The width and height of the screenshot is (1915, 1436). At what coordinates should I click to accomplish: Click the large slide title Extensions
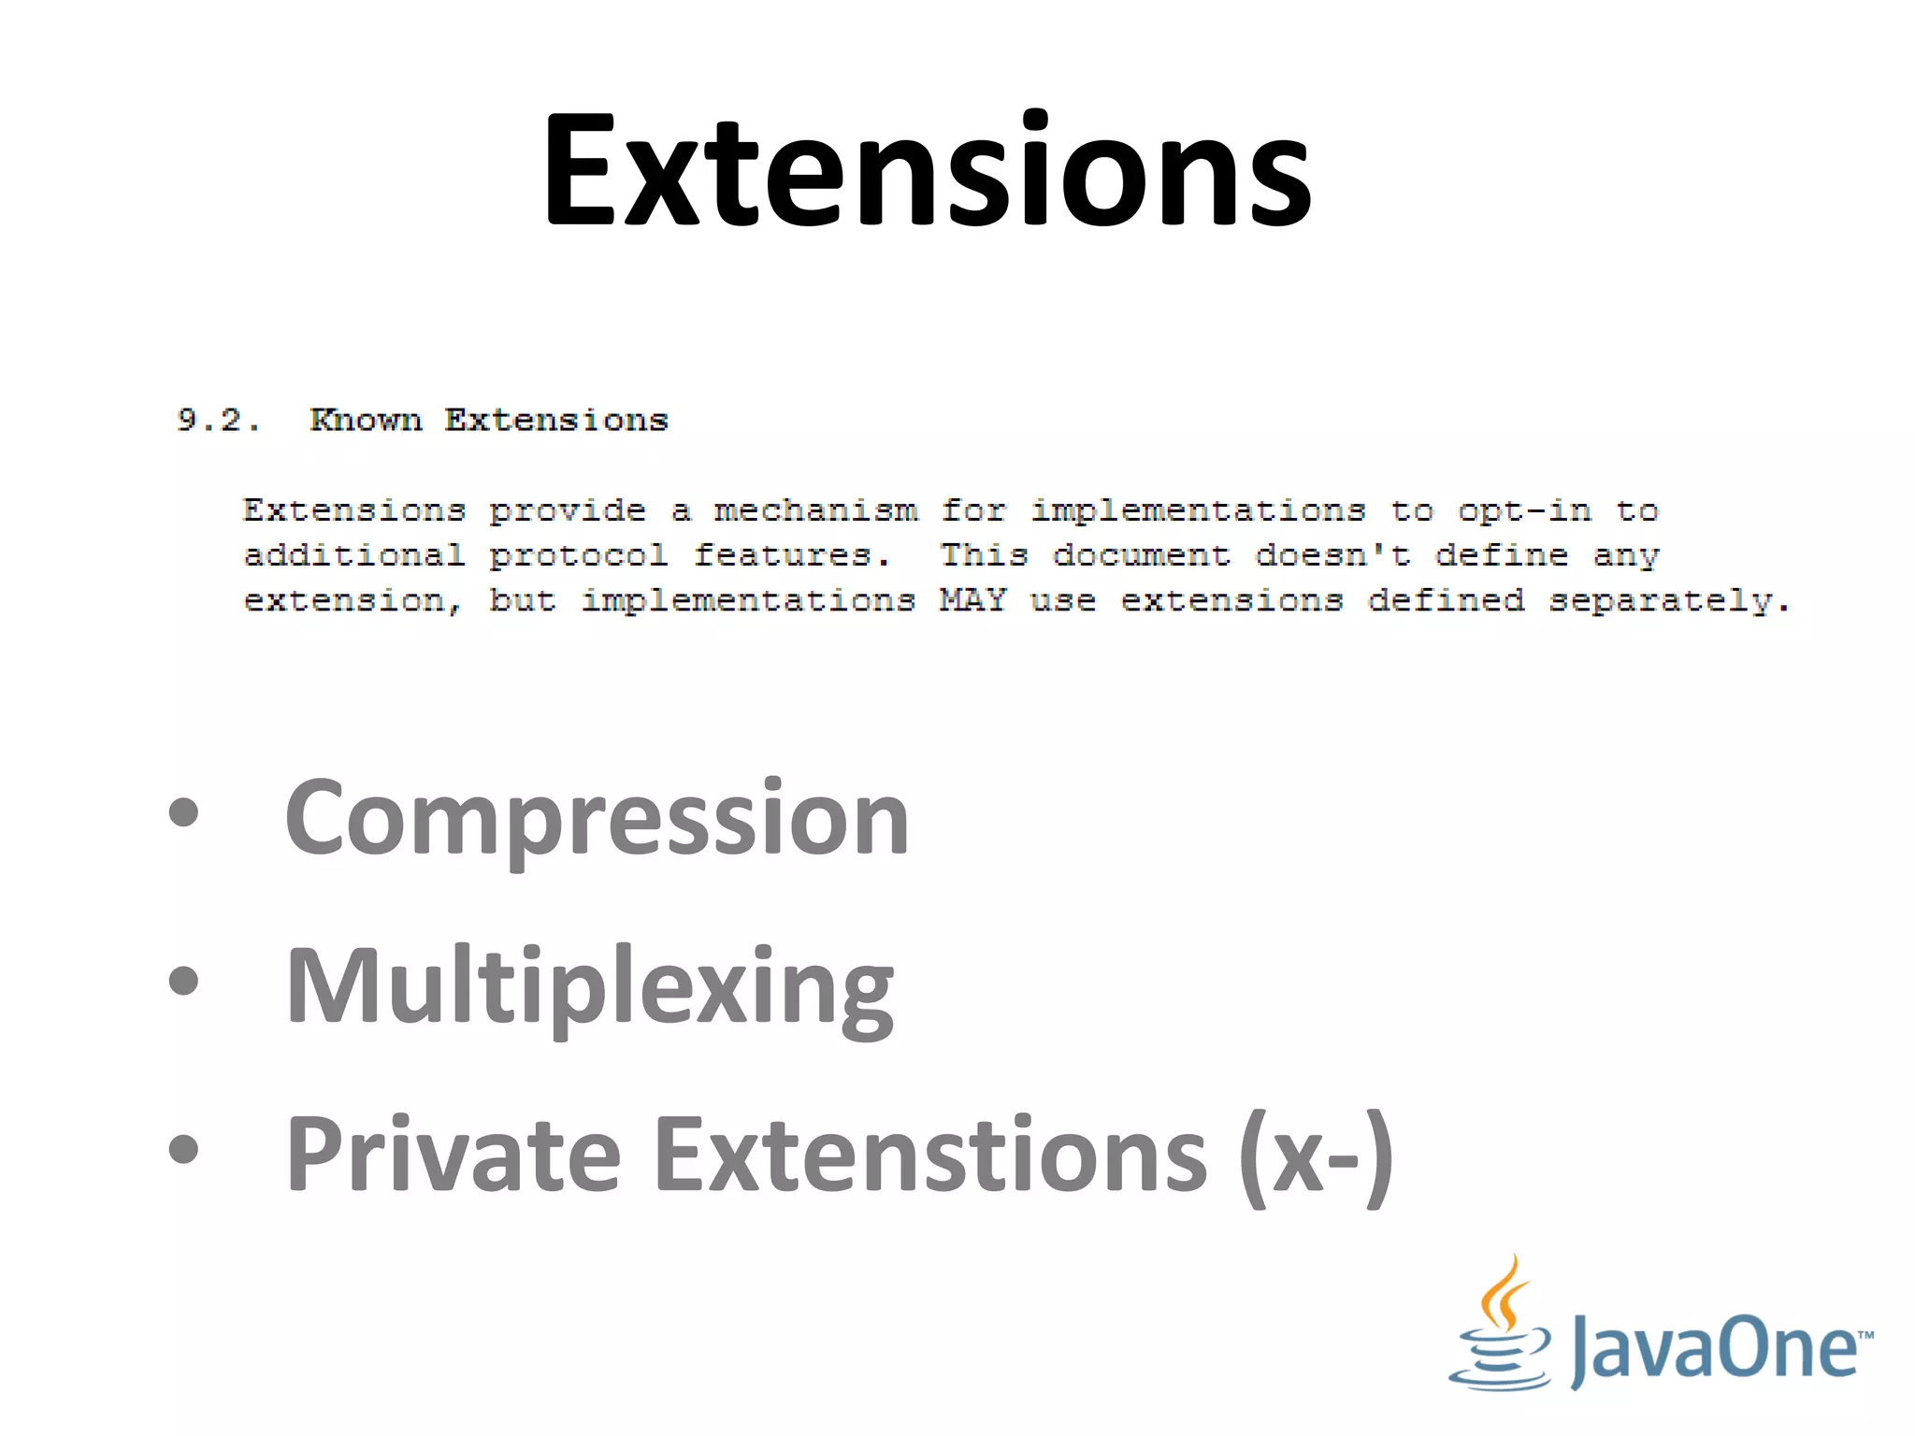pos(928,170)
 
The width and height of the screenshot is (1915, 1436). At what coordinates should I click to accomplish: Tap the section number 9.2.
pos(218,420)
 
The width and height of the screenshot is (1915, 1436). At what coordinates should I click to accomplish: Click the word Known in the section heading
pos(366,420)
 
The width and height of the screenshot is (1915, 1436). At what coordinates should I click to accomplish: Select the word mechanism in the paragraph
pos(815,510)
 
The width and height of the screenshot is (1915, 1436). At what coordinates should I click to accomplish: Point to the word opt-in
pos(1524,510)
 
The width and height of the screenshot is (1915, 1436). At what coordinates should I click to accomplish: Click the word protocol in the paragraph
pos(578,555)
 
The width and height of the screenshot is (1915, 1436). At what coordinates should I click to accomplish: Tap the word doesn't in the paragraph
pos(1332,555)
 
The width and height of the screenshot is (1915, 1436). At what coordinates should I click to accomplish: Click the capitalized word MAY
pos(972,599)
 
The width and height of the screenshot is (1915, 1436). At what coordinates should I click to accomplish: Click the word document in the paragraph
pos(1141,555)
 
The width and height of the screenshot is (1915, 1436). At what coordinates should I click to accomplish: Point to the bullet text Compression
pos(597,819)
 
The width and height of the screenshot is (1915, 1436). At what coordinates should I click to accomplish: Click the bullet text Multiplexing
pos(589,987)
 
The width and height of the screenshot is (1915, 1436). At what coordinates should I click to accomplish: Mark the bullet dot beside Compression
pos(184,812)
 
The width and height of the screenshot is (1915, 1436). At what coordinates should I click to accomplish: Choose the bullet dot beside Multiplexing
pos(184,981)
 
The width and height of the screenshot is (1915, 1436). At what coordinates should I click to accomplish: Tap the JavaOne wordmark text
pos(1719,1348)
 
